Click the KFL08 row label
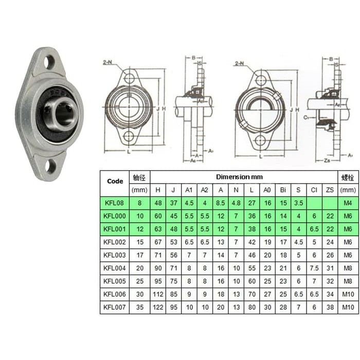click(x=114, y=203)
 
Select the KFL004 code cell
click(x=114, y=267)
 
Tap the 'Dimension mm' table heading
click(x=239, y=177)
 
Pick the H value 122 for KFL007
click(x=158, y=307)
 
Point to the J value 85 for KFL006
click(x=174, y=294)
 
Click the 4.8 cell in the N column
click(x=237, y=203)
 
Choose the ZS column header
click(x=330, y=190)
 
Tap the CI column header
click(x=314, y=190)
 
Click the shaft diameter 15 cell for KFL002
click(x=139, y=242)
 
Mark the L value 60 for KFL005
click(x=252, y=281)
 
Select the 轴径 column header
click(x=139, y=177)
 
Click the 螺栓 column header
click(x=347, y=177)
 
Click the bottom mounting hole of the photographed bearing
click(x=51, y=166)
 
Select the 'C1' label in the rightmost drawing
click(x=305, y=117)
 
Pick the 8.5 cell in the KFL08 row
click(x=221, y=203)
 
